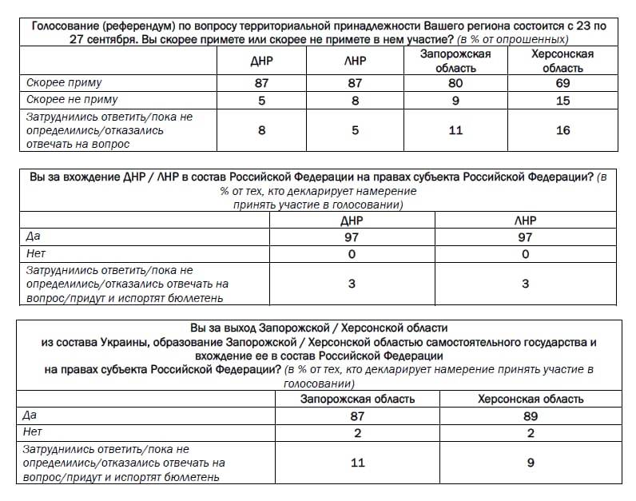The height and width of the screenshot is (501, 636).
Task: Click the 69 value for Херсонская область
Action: pyautogui.click(x=562, y=83)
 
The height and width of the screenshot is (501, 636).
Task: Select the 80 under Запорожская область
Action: pyautogui.click(x=455, y=83)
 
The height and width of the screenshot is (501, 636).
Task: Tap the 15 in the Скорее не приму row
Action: pyautogui.click(x=562, y=100)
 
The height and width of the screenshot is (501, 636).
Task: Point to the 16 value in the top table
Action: pyautogui.click(x=562, y=130)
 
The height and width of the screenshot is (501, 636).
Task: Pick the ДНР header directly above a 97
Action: pyautogui.click(x=352, y=221)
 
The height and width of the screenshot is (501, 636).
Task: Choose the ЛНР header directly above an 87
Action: pyautogui.click(x=355, y=61)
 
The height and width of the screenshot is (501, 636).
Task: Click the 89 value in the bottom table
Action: pyautogui.click(x=530, y=416)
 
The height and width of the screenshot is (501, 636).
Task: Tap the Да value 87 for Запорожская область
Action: pyautogui.click(x=357, y=416)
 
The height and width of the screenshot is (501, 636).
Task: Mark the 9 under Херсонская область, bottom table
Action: pyautogui.click(x=530, y=462)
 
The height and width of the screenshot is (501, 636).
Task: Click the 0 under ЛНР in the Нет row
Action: pyautogui.click(x=526, y=254)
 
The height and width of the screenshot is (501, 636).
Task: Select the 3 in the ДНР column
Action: pyautogui.click(x=352, y=284)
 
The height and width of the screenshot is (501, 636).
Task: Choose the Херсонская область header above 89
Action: pyautogui.click(x=530, y=399)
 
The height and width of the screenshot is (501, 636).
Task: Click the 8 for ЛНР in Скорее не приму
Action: pyautogui.click(x=355, y=100)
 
